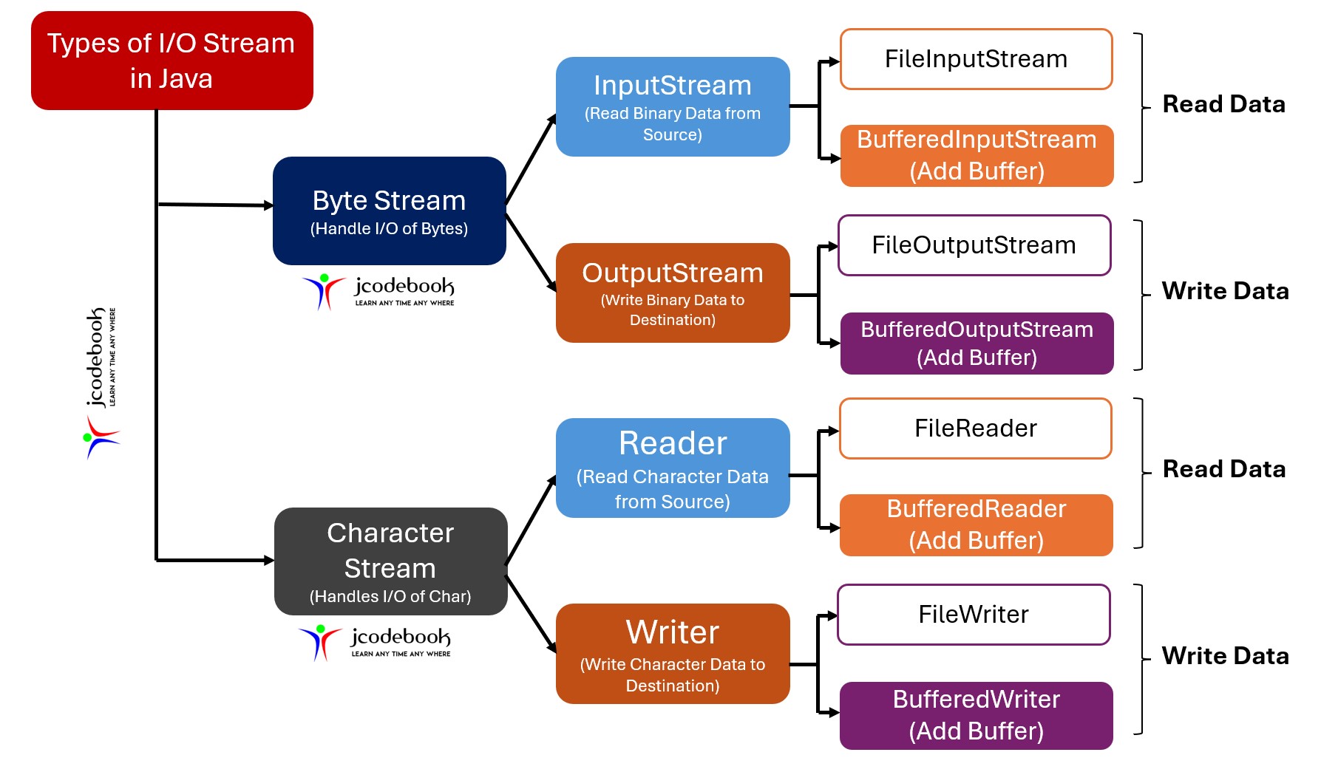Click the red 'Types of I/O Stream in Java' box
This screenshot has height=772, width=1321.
tap(172, 61)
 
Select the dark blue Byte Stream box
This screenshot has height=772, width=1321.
tap(389, 211)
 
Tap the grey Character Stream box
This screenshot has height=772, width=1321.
tap(390, 561)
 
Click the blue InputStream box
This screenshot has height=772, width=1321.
tap(672, 107)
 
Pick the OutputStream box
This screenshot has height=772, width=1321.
tap(672, 293)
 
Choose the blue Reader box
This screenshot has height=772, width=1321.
tap(672, 468)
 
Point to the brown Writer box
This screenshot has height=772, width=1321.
tap(672, 654)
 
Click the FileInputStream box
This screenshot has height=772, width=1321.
tap(976, 59)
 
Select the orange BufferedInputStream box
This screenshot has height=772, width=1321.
tap(976, 155)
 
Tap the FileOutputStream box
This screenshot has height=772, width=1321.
tap(974, 245)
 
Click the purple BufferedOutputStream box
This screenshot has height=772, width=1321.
tap(976, 344)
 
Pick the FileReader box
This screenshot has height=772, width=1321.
tap(975, 428)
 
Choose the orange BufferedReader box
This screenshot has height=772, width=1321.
tap(976, 525)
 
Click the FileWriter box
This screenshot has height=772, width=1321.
tap(973, 615)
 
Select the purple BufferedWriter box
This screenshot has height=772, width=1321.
tap(976, 715)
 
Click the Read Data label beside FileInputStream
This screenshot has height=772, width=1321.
tap(1223, 104)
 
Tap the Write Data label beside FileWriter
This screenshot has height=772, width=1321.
tap(1225, 656)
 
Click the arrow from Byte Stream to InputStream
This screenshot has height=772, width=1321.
tap(531, 160)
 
